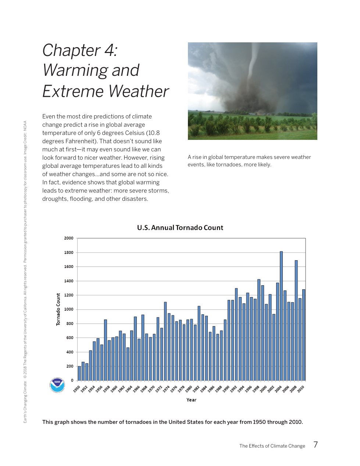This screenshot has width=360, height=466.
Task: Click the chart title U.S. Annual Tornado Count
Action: [180, 227]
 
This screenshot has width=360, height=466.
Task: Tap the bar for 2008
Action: [296, 320]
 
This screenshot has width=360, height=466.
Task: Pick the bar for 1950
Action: [79, 373]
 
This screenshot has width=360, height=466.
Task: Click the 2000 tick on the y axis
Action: [69, 238]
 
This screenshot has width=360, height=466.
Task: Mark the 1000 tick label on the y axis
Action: [69, 309]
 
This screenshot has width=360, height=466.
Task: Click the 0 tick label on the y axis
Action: [72, 380]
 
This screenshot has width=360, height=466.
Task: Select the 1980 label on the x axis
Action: [189, 389]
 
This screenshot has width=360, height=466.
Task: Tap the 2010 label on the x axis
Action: [301, 389]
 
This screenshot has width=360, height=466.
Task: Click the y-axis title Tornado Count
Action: [58, 309]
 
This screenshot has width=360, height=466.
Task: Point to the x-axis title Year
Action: [191, 400]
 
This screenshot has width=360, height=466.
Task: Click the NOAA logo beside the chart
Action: [57, 385]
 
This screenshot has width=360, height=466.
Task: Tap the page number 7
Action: [316, 445]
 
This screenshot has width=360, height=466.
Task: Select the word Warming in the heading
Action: [75, 70]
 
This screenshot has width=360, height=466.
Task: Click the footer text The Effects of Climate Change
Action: [272, 446]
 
